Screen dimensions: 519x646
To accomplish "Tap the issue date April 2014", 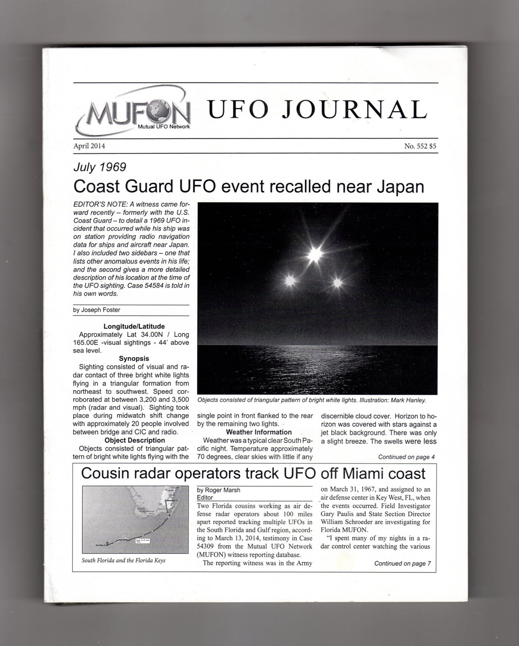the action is point(89,146).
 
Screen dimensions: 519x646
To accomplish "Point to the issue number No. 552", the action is point(415,146).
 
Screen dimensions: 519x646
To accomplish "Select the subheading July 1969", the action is point(100,167).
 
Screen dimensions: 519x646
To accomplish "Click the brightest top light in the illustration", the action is point(314,254).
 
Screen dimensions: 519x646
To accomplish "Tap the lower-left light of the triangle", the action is point(290,281).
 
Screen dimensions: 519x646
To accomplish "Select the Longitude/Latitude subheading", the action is point(134,326).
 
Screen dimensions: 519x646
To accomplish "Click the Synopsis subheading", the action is point(134,359).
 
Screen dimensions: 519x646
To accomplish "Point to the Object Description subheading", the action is point(134,440).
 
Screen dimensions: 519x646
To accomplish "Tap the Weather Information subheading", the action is point(259,432).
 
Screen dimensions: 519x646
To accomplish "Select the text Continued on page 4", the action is point(406,457).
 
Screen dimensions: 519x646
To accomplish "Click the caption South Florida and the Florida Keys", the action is point(123,560).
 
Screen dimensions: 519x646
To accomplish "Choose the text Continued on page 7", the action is point(402,564).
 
